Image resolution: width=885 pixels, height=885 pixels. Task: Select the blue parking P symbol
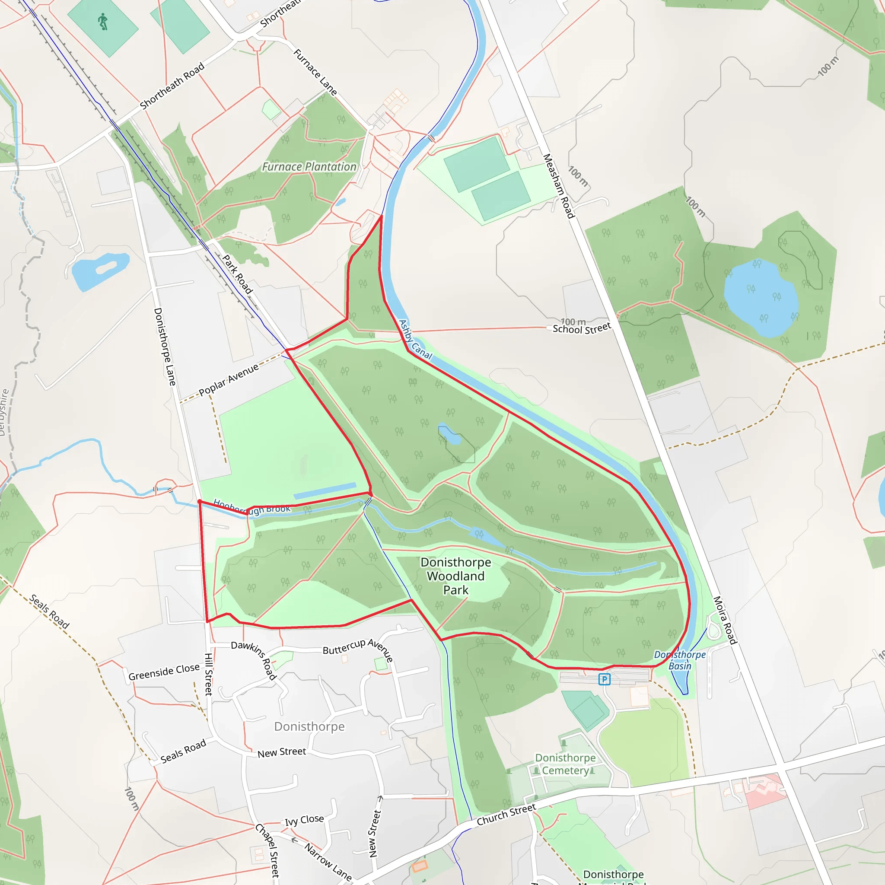tap(604, 679)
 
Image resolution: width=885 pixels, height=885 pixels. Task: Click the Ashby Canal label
tap(415, 339)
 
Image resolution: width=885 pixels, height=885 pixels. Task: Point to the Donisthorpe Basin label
tap(680, 660)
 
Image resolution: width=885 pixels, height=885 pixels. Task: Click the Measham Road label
tap(558, 186)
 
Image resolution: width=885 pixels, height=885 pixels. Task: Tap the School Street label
tap(581, 328)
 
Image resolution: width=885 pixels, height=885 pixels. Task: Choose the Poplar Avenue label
tap(229, 379)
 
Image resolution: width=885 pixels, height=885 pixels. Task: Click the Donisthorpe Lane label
tap(165, 346)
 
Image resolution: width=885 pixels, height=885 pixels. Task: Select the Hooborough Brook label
tap(251, 508)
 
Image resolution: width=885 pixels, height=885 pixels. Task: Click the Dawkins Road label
tap(254, 659)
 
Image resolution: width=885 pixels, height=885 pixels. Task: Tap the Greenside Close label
tap(164, 672)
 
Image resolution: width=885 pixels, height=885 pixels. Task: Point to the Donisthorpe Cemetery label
tap(565, 764)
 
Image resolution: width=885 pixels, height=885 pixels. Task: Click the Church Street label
tap(506, 815)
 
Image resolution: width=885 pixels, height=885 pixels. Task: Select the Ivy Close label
tap(304, 820)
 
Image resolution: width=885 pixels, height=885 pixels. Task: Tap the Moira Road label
tap(725, 620)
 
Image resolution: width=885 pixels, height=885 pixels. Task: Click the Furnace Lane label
tap(315, 72)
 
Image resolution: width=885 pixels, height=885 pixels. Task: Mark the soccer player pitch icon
tap(103, 22)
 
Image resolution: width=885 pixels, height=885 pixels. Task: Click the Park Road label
tap(237, 274)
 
